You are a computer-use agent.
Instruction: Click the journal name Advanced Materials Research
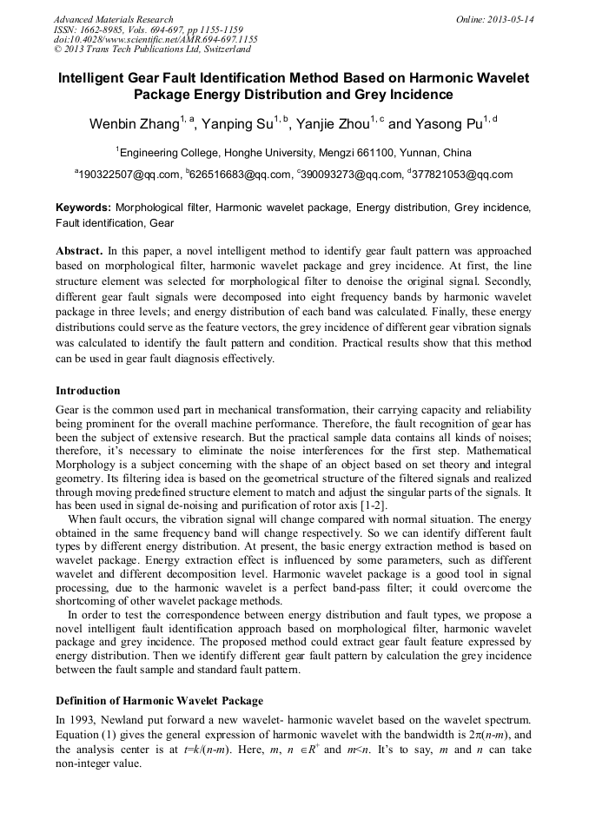pyautogui.click(x=113, y=19)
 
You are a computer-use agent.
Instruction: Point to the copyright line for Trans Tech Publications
pyautogui.click(x=152, y=50)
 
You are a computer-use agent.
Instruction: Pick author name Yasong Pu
pyautogui.click(x=448, y=124)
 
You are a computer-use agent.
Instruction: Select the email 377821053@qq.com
pyautogui.click(x=464, y=175)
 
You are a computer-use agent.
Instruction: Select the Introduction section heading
pyautogui.click(x=88, y=391)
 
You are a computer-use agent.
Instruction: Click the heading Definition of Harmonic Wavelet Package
pyautogui.click(x=159, y=700)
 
